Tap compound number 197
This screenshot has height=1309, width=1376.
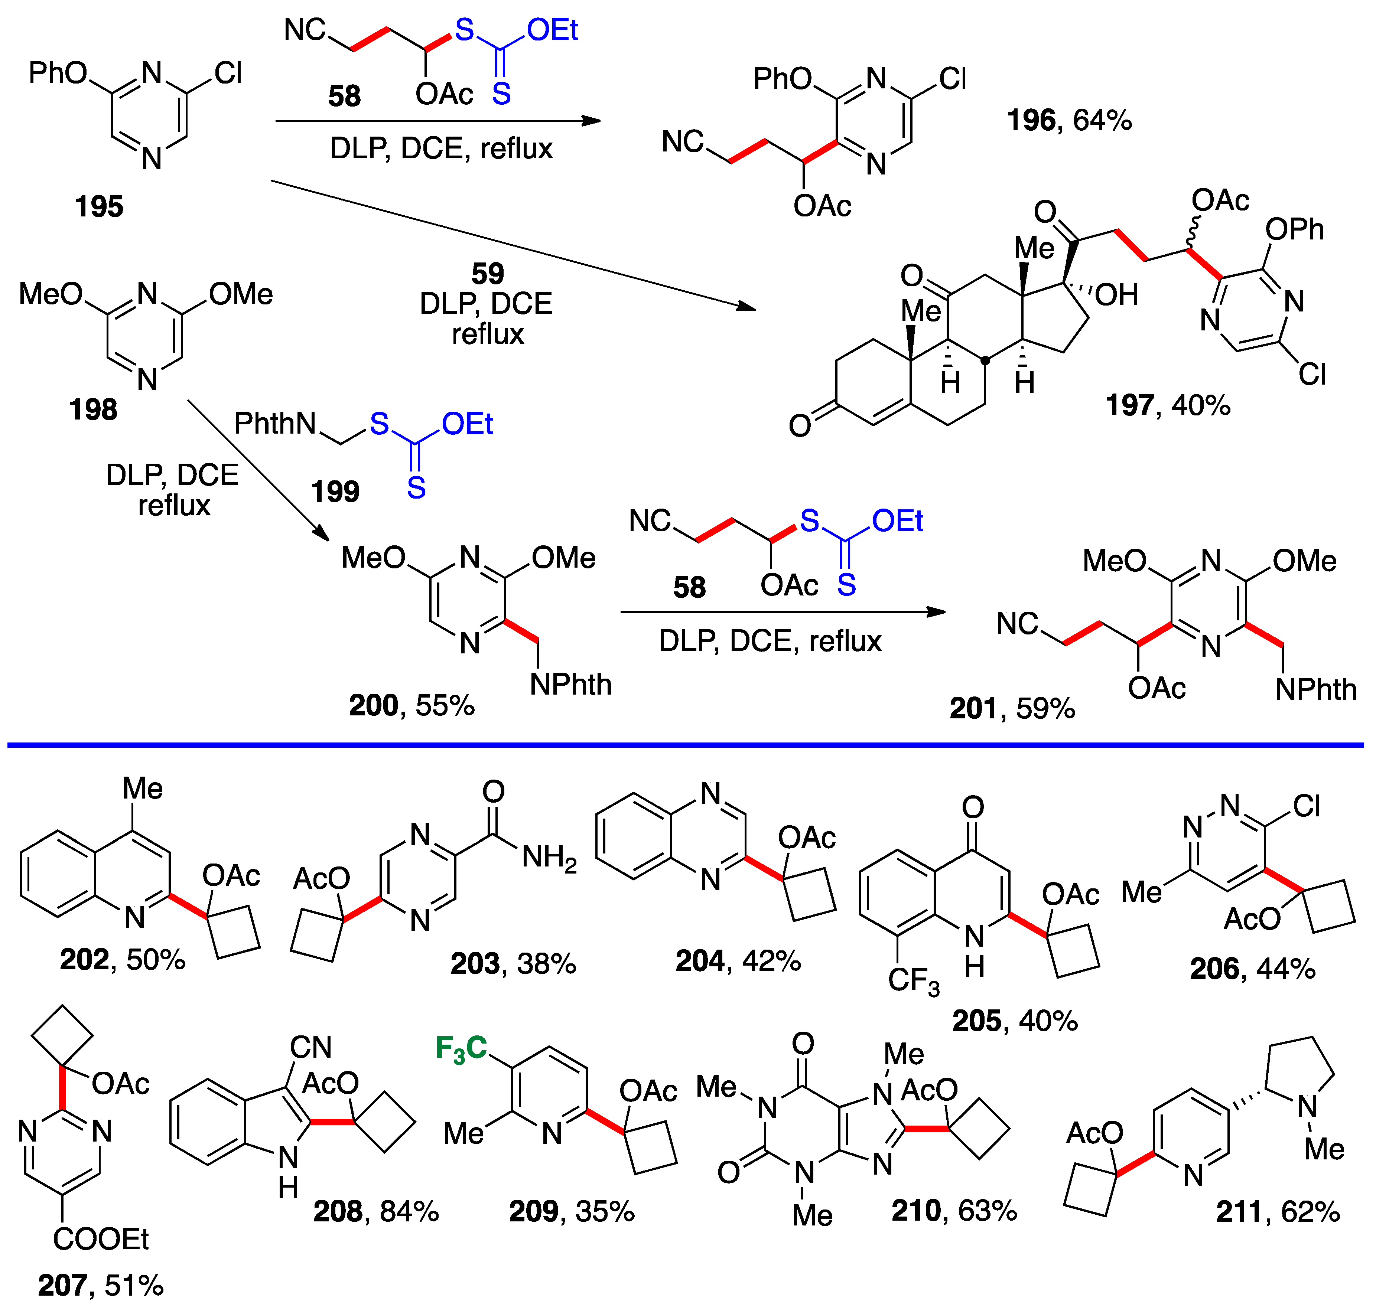pos(1128,405)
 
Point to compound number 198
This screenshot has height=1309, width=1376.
pos(93,409)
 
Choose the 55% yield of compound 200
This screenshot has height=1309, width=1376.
pos(445,705)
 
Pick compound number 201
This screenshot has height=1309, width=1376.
pos(973,708)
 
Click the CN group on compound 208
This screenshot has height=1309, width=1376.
pos(310,1047)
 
